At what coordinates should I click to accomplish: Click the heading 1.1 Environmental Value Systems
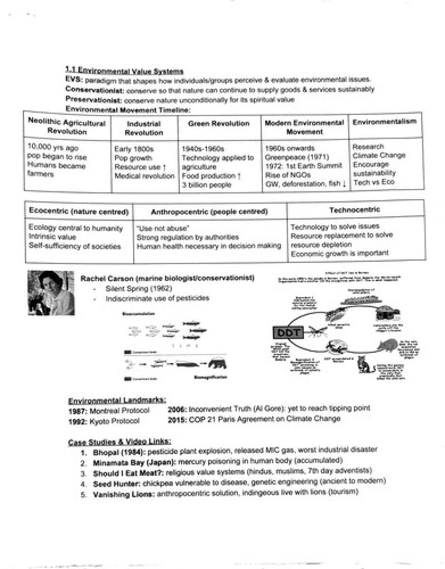124,71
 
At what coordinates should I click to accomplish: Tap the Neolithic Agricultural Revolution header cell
66,127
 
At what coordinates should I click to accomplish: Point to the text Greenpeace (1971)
290,157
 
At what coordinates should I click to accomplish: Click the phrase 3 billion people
206,185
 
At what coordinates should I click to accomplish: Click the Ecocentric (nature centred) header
79,211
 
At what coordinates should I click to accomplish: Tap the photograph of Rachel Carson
50,293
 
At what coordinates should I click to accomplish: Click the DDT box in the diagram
287,332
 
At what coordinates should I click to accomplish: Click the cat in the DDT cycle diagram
366,365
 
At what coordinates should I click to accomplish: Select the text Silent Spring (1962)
139,288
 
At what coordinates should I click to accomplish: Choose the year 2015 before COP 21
177,419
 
